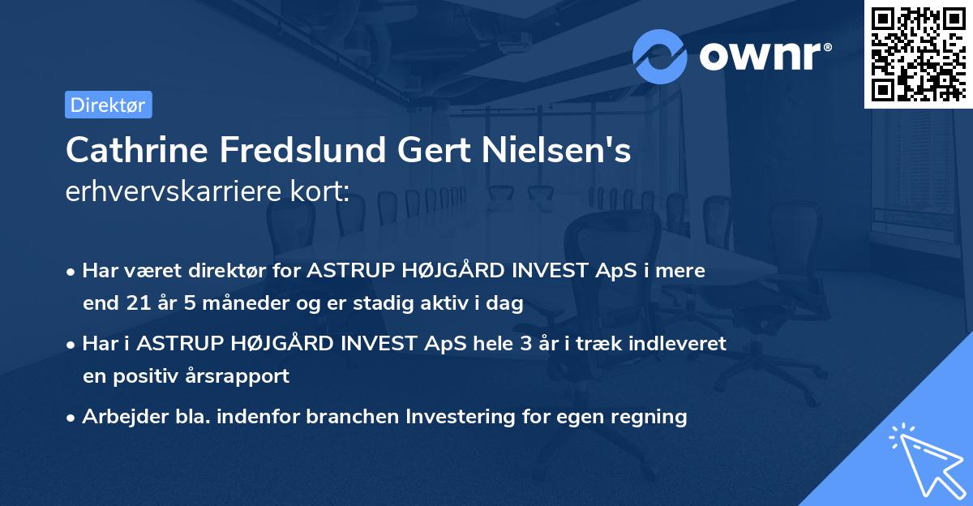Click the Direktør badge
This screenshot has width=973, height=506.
point(108,105)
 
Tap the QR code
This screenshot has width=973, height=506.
point(917,54)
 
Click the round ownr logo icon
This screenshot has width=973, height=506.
point(660,56)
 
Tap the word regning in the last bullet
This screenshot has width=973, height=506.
point(649,417)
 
